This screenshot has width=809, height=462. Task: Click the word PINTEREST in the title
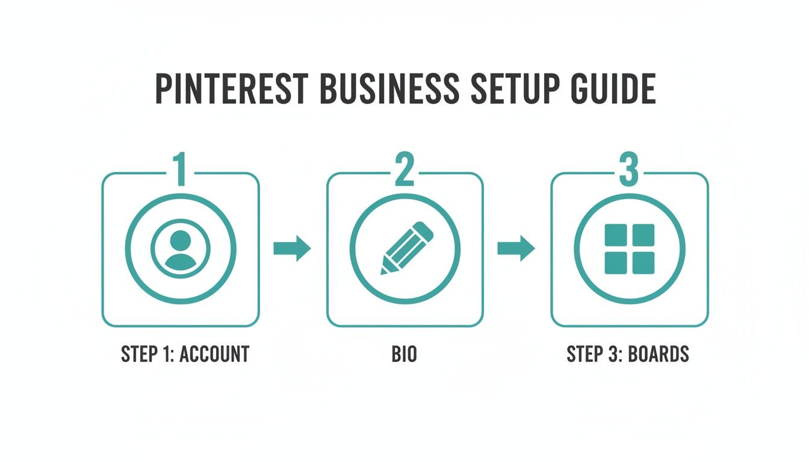[232, 90]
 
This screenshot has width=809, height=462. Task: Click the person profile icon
[181, 249]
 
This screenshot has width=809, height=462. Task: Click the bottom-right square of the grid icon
[643, 263]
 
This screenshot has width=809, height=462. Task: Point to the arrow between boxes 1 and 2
[292, 248]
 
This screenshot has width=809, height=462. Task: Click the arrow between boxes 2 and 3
[516, 248]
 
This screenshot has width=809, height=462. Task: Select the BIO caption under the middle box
[404, 354]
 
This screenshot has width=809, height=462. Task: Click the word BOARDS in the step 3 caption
[659, 354]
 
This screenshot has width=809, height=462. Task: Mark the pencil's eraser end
[424, 230]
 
